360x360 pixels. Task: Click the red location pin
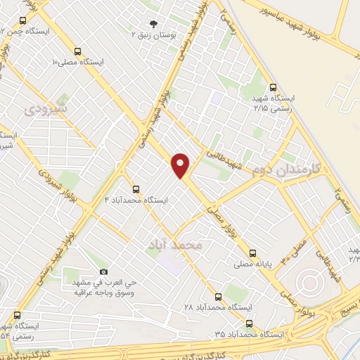point(181,165)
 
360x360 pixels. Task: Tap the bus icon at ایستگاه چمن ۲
point(25,21)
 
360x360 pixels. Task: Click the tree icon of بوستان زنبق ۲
point(155,22)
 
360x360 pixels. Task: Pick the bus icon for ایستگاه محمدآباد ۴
point(136,189)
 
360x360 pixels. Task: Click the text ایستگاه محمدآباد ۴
point(136,200)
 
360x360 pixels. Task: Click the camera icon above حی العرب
point(104,271)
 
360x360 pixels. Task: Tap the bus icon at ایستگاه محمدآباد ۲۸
point(217,297)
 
